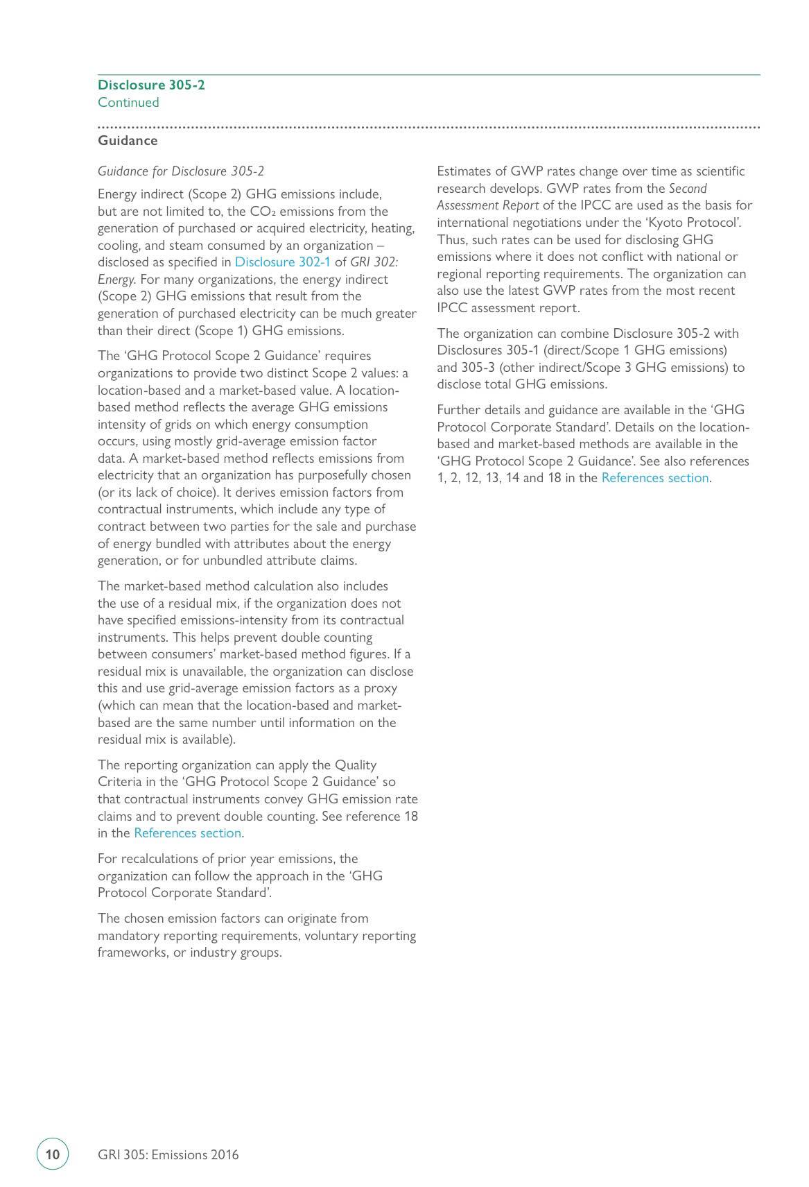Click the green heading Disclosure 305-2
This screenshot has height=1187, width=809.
[x=151, y=85]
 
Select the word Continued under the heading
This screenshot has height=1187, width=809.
[x=128, y=103]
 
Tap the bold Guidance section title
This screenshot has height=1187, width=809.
[x=128, y=141]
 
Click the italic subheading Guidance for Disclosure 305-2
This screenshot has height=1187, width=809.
[x=181, y=171]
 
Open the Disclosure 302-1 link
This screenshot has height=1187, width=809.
[x=282, y=262]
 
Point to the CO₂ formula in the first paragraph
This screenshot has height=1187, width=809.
[x=263, y=212]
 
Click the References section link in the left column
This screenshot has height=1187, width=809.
[x=187, y=833]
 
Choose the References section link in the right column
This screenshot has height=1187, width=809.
[x=654, y=478]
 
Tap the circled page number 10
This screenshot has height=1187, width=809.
[x=53, y=1154]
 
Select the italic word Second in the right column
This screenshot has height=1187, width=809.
[x=688, y=189]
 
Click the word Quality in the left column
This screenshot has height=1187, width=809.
[x=356, y=765]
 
